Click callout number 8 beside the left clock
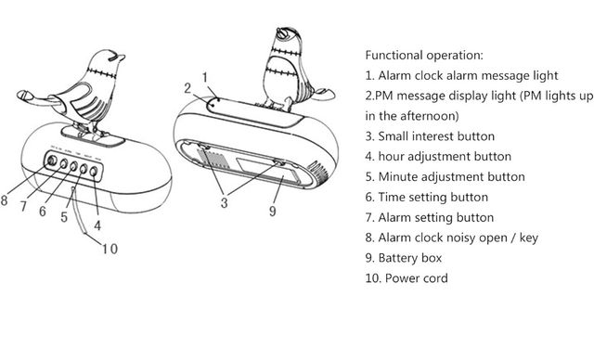point(4,200)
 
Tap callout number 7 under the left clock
point(24,206)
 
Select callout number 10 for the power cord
point(110,249)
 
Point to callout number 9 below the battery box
point(272,212)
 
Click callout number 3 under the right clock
point(225,202)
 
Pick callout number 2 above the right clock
point(187,88)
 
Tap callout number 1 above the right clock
point(205,78)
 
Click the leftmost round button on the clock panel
point(52,161)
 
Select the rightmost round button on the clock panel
point(94,172)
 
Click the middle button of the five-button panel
point(73,167)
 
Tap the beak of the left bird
point(121,58)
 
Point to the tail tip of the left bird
point(22,95)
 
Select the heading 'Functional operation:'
point(424,56)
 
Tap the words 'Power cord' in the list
point(417,278)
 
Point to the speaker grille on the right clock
point(318,172)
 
